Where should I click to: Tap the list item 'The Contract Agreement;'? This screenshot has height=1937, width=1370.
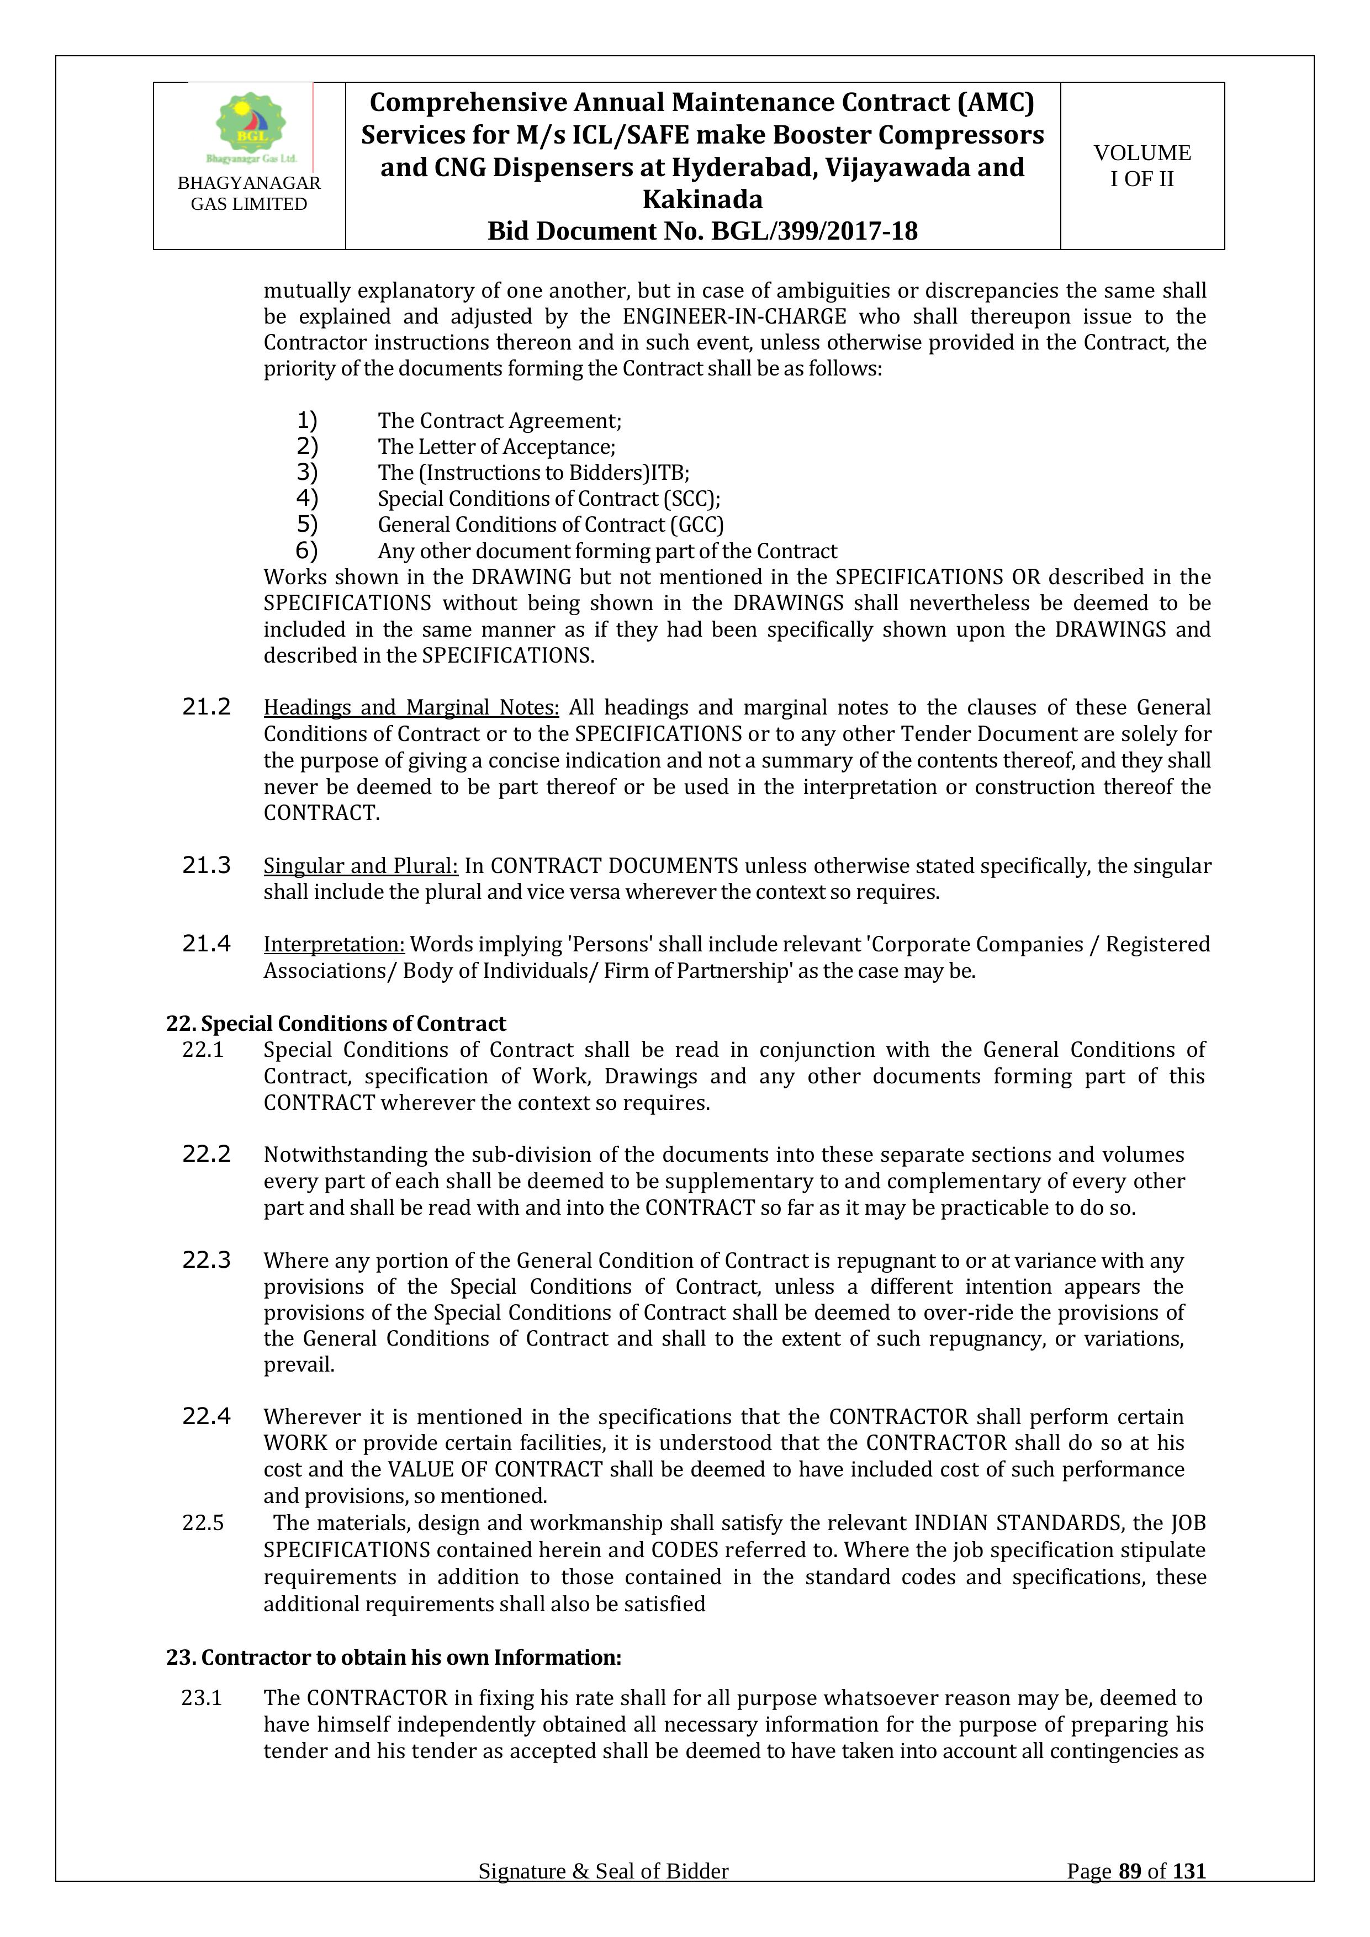(x=499, y=420)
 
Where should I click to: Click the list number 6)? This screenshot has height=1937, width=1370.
(x=306, y=551)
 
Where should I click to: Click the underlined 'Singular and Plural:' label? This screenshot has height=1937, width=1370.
(x=360, y=866)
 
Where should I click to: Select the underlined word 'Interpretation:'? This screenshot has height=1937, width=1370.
(x=334, y=944)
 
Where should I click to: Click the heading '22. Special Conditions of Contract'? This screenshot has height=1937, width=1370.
(x=336, y=1023)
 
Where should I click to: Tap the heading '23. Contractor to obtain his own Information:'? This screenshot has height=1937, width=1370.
(x=393, y=1657)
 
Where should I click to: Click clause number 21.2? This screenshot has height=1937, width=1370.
(x=206, y=707)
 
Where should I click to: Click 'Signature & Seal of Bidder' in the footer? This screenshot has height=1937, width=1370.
(x=603, y=1895)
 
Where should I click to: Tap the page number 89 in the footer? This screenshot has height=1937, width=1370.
(x=1130, y=1895)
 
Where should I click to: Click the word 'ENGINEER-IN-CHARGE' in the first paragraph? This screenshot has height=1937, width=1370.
(x=734, y=316)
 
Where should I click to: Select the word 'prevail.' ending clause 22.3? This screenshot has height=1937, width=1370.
(x=299, y=1364)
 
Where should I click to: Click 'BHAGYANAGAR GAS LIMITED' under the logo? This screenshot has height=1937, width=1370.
(x=249, y=193)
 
